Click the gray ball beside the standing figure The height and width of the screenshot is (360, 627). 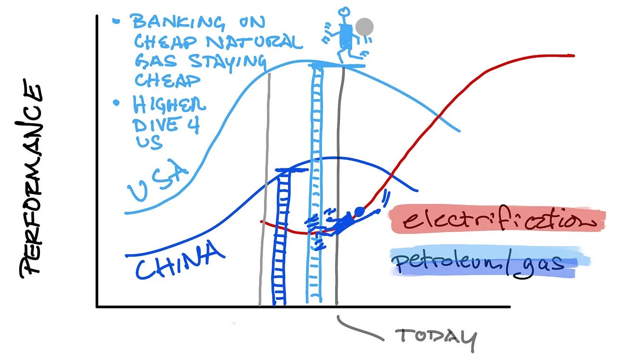pyautogui.click(x=365, y=27)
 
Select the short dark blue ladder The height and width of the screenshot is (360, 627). pyautogui.click(x=280, y=236)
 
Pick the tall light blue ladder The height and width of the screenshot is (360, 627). pyautogui.click(x=316, y=183)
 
